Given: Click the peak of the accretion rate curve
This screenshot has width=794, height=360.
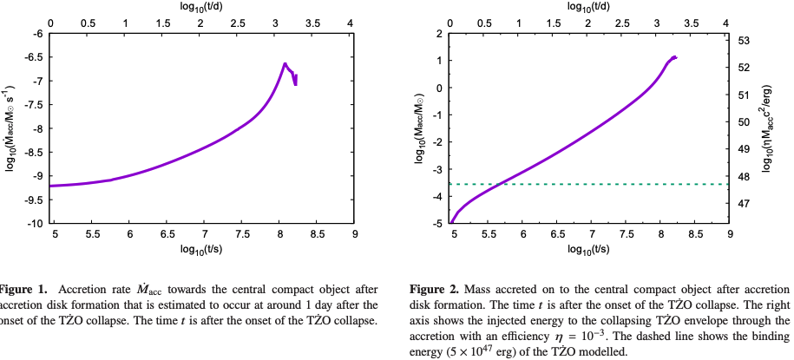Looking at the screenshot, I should click(285, 63).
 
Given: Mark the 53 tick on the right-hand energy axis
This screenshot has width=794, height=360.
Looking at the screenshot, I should click(744, 41).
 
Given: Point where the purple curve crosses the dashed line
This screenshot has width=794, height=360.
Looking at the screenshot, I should click(502, 184).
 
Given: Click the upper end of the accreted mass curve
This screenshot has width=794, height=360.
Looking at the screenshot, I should click(674, 57).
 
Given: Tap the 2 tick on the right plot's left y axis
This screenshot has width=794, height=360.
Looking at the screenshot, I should click(439, 34).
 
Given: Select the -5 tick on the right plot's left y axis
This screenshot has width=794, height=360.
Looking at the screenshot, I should click(436, 224).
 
